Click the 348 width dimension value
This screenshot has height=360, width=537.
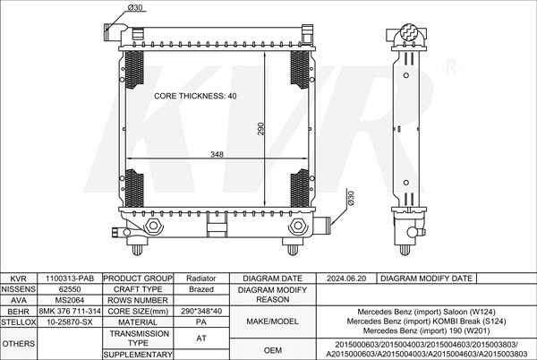pyautogui.click(x=217, y=155)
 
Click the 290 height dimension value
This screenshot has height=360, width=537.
pyautogui.click(x=260, y=129)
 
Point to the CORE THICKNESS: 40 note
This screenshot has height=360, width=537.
pyautogui.click(x=195, y=96)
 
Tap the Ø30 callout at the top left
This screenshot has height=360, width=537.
pyautogui.click(x=135, y=7)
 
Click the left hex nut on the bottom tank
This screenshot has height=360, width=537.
pyautogui.click(x=153, y=226)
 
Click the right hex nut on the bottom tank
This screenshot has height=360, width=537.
pyautogui.click(x=297, y=226)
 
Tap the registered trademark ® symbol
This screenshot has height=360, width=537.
pyautogui.click(x=451, y=67)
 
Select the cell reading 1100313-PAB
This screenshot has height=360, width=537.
pyautogui.click(x=70, y=279)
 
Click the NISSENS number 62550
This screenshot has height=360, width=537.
pyautogui.click(x=70, y=289)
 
